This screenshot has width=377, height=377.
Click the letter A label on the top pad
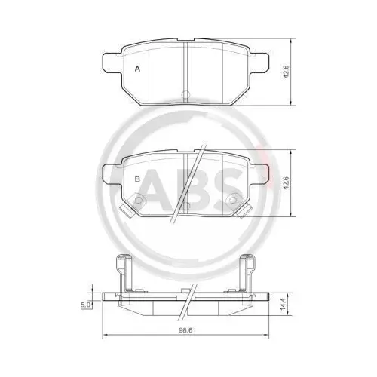point(136,69)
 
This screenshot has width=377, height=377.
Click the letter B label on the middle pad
point(136,179)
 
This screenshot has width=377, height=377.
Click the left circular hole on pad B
point(139,200)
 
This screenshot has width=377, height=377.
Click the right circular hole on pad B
point(232,200)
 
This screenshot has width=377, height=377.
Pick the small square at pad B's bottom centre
point(185,205)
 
